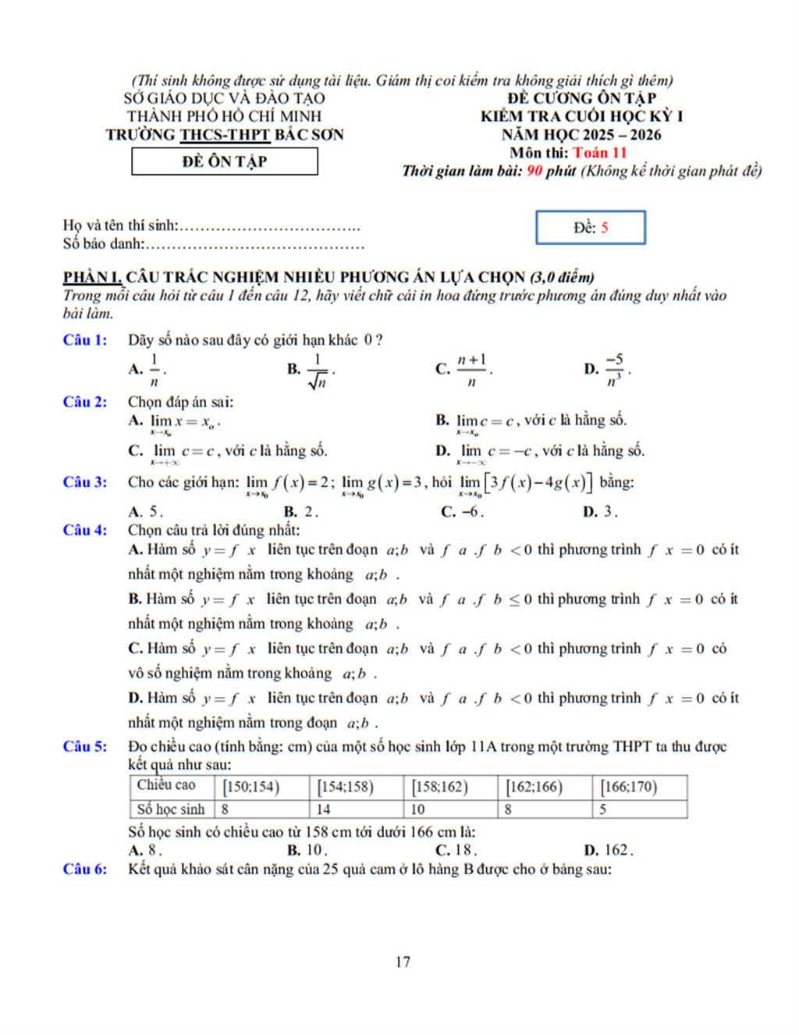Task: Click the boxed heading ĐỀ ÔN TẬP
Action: (x=225, y=162)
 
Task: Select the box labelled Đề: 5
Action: (x=591, y=228)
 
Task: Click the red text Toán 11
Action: (x=599, y=152)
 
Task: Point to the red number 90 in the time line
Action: (x=534, y=171)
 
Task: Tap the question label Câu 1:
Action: (x=85, y=340)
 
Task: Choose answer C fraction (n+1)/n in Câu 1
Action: (x=471, y=369)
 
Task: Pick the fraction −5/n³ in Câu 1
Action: (x=615, y=369)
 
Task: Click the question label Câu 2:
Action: (x=85, y=402)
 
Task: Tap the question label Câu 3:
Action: (x=85, y=482)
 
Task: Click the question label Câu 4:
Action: (x=85, y=530)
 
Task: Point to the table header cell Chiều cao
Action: (x=166, y=785)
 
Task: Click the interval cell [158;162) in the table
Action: (x=440, y=787)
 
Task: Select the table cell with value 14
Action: (x=324, y=809)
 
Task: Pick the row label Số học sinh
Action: (x=170, y=809)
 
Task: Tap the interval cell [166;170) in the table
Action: (x=629, y=787)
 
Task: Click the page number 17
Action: (x=403, y=962)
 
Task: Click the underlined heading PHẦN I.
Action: (x=92, y=277)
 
